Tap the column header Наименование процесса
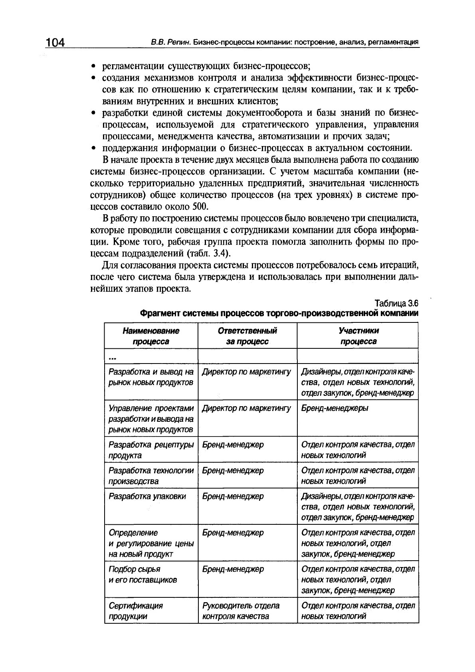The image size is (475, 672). point(151,336)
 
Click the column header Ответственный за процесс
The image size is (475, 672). point(247,336)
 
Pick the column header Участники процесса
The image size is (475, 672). point(358,336)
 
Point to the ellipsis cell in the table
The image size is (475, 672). point(112,356)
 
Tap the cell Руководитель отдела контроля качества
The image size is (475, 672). point(241,611)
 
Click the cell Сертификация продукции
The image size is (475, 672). point(136,611)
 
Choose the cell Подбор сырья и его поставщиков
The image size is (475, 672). point(142,574)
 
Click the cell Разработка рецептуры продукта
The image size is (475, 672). point(151,450)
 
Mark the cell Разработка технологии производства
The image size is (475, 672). point(151,476)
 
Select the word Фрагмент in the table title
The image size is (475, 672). point(159,313)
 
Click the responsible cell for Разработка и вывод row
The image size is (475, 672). point(247,372)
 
